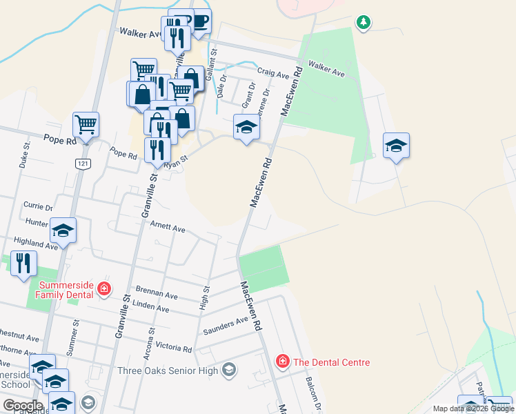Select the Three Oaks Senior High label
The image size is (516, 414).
pos(168,371)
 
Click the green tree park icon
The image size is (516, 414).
pos(363,23)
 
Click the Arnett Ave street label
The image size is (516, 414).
pos(169,228)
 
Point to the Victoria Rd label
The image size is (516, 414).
pos(173,348)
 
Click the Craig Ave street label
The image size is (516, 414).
pos(271,71)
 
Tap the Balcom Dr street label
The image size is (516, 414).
pos(318,393)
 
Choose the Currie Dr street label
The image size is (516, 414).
pos(38,206)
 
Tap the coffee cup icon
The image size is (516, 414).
pos(199,21)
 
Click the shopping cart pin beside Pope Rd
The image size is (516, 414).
pos(86,125)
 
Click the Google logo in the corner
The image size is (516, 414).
pos(23,406)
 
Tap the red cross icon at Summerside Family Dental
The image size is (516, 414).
pos(103,288)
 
